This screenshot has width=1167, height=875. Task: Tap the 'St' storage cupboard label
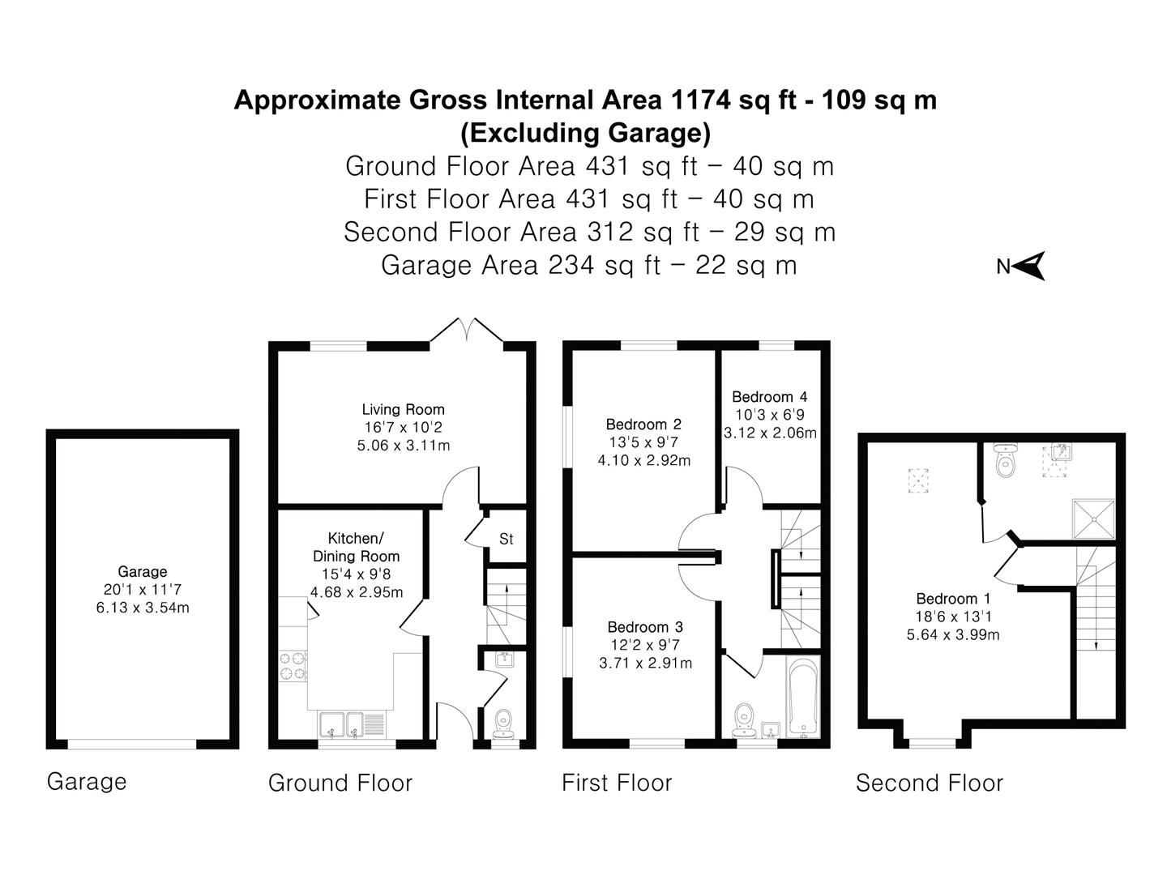coord(506,539)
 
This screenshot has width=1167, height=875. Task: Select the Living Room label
coord(403,409)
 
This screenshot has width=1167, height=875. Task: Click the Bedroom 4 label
coord(769,396)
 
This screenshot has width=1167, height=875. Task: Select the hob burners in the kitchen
coord(293,665)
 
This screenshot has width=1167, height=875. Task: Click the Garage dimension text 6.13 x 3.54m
coord(143,608)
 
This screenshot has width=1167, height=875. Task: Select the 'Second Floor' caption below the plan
coord(930,783)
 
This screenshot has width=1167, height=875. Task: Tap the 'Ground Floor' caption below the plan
coord(340,783)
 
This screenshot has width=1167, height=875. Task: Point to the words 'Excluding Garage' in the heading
coord(585,131)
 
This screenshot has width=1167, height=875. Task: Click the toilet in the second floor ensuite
coord(1005,461)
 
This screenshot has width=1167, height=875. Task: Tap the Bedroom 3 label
coord(645,626)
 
